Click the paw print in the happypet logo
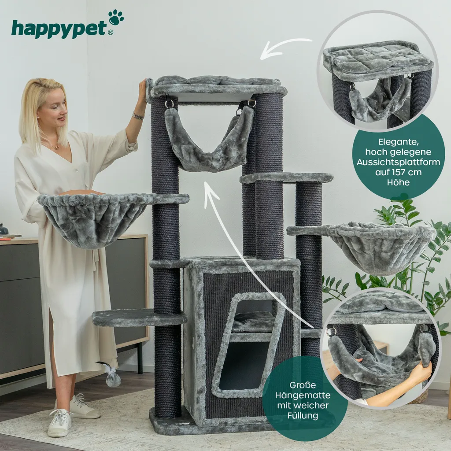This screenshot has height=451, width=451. (116, 18)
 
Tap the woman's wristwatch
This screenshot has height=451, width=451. (138, 116)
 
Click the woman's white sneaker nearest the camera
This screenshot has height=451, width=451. (59, 422)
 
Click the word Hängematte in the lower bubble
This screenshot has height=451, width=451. (303, 395)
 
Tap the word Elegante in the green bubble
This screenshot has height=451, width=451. (398, 142)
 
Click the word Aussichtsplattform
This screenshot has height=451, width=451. (398, 162)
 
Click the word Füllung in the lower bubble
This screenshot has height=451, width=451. (303, 416)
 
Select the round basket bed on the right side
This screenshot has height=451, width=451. (380, 246)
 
